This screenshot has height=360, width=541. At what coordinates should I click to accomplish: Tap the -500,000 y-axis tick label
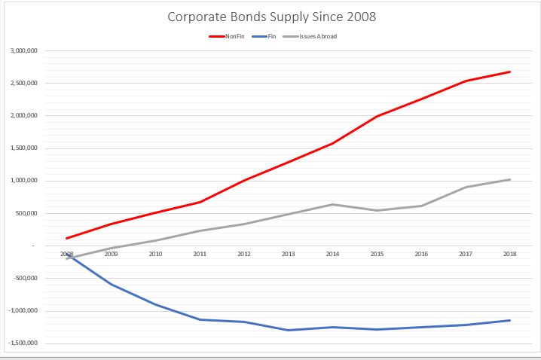[26, 279]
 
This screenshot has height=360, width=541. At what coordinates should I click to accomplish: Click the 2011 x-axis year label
[199, 254]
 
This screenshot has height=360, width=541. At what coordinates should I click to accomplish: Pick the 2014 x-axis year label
[332, 254]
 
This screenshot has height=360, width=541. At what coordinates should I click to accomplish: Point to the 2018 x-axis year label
[510, 254]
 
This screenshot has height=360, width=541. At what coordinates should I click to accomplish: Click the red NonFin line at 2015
[377, 116]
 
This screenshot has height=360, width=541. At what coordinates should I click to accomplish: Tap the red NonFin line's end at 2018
[510, 72]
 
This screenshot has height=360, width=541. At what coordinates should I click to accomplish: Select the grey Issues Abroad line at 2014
[332, 204]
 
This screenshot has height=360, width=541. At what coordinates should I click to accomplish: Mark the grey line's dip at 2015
[377, 210]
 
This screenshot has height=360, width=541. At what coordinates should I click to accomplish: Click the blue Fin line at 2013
[288, 330]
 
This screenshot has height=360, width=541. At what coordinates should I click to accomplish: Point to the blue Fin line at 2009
[111, 284]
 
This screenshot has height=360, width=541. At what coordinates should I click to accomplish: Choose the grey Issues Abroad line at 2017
[466, 187]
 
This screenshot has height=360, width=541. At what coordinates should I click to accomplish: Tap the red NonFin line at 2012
[243, 181]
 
